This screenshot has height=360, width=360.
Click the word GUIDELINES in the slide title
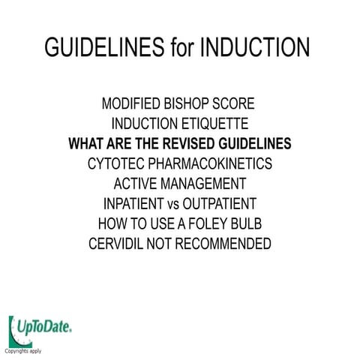(103, 47)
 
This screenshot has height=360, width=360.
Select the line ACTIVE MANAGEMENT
(180, 183)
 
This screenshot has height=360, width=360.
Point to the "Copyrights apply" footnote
(23, 350)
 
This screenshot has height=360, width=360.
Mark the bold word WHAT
(87, 143)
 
